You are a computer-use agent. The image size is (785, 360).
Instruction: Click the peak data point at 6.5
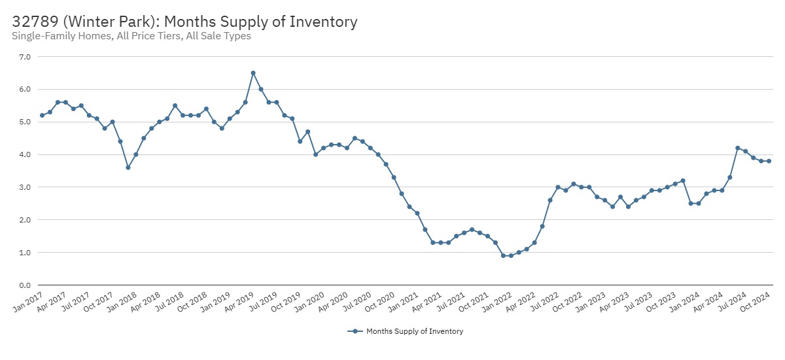[x=253, y=73]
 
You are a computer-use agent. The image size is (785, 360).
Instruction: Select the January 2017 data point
[x=42, y=115]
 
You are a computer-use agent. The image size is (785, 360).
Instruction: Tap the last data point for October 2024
[x=769, y=161]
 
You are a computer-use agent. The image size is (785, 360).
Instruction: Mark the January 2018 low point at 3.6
[x=128, y=168]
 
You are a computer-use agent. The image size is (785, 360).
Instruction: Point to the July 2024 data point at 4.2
[x=738, y=148]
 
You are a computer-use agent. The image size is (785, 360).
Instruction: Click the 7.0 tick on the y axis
[x=26, y=57]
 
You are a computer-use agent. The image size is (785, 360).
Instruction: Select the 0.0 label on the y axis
[x=26, y=285]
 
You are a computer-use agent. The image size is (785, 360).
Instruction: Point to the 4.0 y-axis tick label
[x=26, y=154]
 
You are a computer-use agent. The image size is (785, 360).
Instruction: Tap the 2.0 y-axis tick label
[x=26, y=220]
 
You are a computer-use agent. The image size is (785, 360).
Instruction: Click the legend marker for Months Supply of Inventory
[x=355, y=331]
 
